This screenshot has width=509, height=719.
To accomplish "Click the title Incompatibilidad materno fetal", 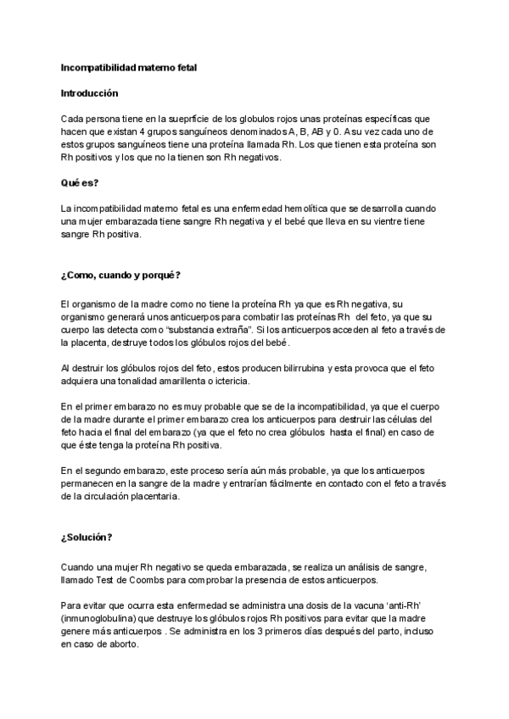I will click(129, 65).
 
